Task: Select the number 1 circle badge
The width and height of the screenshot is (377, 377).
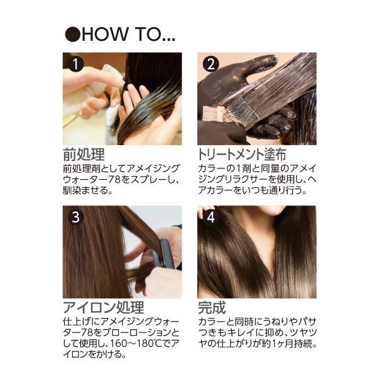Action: click(75, 64)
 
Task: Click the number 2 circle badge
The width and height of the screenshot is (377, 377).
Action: click(210, 64)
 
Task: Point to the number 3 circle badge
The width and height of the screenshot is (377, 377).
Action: click(75, 217)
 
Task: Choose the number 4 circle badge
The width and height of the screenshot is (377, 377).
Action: click(210, 217)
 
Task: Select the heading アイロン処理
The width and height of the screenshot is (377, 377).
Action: click(103, 307)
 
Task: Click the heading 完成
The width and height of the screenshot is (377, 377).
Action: click(212, 307)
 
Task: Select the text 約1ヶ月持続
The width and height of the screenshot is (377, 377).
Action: click(291, 343)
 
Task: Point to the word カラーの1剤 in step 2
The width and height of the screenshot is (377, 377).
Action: click(222, 168)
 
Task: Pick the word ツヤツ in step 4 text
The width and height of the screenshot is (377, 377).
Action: click(300, 332)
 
